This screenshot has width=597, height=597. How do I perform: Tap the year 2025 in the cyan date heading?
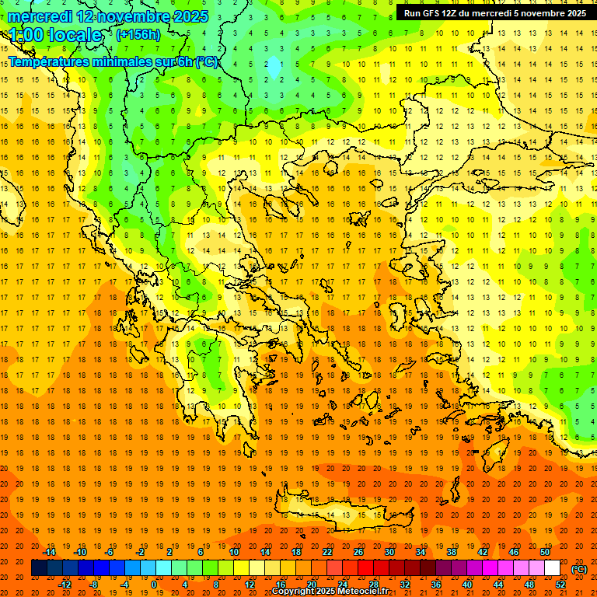pos(185,16)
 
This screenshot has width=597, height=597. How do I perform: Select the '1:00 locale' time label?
pos(55,35)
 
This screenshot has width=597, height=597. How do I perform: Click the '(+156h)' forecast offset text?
pos(138,34)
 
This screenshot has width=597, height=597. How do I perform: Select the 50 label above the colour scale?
pos(544,552)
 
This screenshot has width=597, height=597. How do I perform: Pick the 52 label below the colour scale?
pos(560,585)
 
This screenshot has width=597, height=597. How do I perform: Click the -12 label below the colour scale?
pos(65,585)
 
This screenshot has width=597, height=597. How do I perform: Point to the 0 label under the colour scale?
pos(154,585)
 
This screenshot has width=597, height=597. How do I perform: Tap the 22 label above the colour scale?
pos(326,552)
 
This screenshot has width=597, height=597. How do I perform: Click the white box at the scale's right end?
pos(552,568)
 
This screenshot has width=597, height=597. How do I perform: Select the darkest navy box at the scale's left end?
pos(39,568)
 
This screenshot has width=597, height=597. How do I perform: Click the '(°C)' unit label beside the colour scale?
pos(579,568)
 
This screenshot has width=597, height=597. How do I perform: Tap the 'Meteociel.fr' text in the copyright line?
pos(363,592)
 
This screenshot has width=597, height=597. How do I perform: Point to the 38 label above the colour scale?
pos(451,552)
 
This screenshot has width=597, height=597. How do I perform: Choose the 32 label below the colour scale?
pos(404,585)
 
